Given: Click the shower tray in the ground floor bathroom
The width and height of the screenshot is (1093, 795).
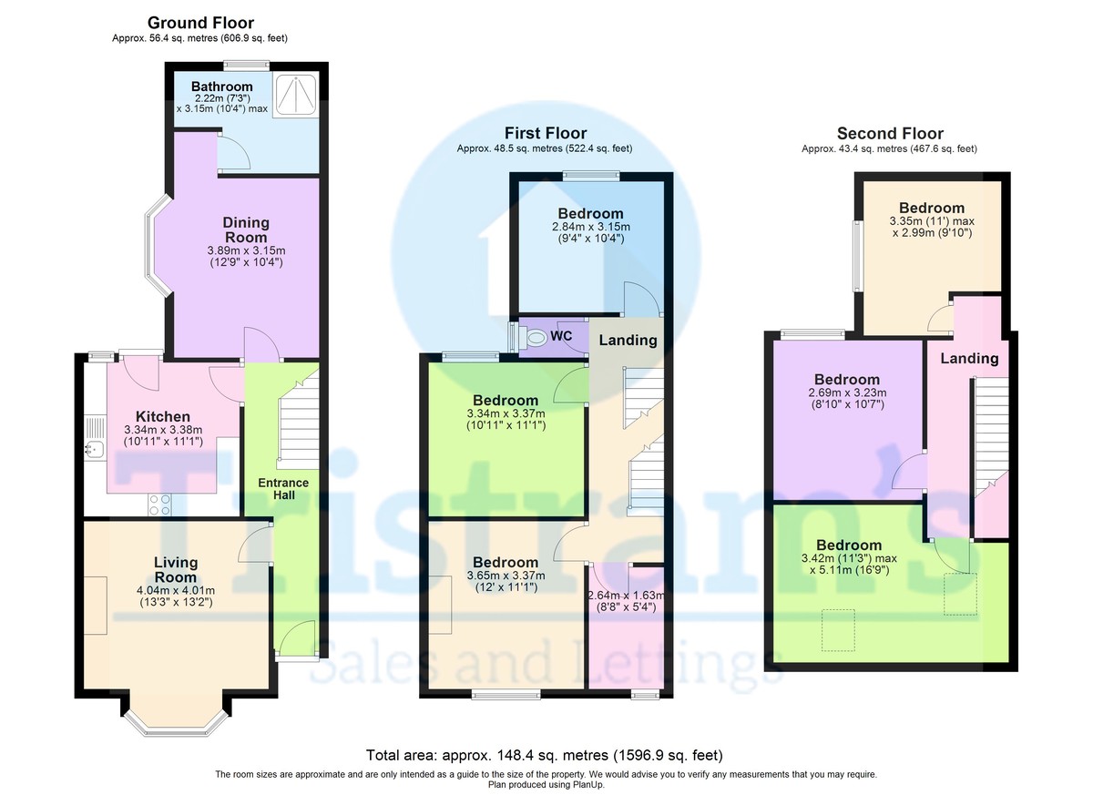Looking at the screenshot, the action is pos(296,95).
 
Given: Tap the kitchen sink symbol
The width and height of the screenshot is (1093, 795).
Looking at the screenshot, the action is pos(94,450).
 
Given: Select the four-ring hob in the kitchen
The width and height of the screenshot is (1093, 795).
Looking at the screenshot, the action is pos(160,505).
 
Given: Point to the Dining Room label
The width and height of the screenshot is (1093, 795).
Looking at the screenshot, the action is pos(245,229).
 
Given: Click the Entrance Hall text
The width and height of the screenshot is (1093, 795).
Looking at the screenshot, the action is pos(283,489).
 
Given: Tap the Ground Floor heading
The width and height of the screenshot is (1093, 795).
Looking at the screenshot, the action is pos(200,23).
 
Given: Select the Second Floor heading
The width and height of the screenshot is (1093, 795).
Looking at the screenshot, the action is pos(890,133).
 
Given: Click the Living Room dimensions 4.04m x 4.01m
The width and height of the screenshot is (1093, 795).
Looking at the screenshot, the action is pos(176,590).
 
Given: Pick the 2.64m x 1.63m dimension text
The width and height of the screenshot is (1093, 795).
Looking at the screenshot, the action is pos(626,596).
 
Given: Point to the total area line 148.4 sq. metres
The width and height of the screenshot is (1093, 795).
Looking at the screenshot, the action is pos(545,755).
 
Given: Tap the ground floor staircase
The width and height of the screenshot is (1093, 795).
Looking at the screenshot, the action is pos(298,420).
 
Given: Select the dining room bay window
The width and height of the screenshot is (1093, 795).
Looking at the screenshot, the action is pos(158,246).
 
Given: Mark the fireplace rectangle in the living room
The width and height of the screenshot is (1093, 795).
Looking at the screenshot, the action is pos(95,606).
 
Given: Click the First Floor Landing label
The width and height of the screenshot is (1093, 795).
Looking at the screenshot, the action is pos(628,340).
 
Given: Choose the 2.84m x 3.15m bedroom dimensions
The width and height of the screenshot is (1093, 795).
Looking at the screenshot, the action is pos(591,232).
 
